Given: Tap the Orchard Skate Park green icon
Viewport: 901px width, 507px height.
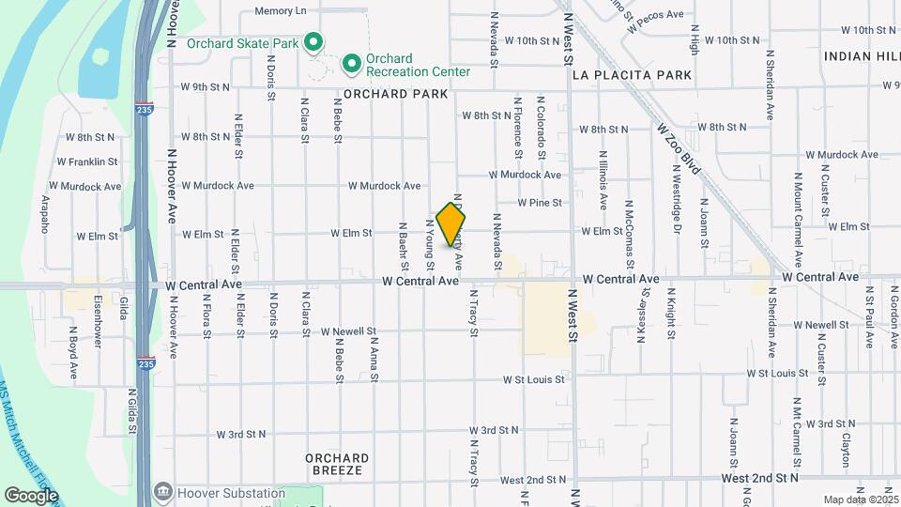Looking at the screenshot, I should (x=314, y=43).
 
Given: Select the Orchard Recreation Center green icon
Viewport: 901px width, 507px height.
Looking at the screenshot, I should (x=352, y=64).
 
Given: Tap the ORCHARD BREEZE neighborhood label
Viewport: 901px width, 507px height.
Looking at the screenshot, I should (x=337, y=465).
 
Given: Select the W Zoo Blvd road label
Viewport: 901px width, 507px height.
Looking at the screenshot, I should (x=679, y=147).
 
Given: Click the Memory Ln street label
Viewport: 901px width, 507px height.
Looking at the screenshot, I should (x=281, y=11).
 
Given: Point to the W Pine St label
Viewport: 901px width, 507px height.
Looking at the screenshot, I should (x=540, y=202).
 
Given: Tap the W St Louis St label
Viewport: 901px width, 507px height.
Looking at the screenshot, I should (x=533, y=380).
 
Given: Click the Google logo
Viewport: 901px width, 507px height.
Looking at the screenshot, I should (x=31, y=495).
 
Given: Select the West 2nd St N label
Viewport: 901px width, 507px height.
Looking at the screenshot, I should (x=760, y=478).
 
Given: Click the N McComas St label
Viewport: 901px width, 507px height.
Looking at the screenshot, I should (x=629, y=223).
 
